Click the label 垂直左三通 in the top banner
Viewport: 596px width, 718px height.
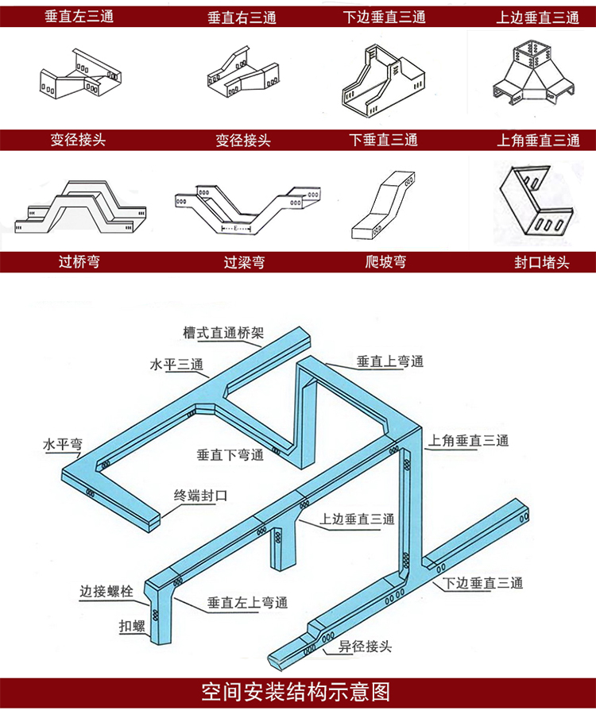tap(79, 16)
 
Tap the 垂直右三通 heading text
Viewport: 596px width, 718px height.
tap(242, 17)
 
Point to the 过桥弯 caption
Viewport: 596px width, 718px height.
tap(79, 261)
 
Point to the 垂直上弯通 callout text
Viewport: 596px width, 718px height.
tap(390, 361)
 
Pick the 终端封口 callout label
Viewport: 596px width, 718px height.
tap(201, 496)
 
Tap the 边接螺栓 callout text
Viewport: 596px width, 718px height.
tap(106, 592)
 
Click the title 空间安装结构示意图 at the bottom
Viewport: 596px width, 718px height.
tap(296, 692)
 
